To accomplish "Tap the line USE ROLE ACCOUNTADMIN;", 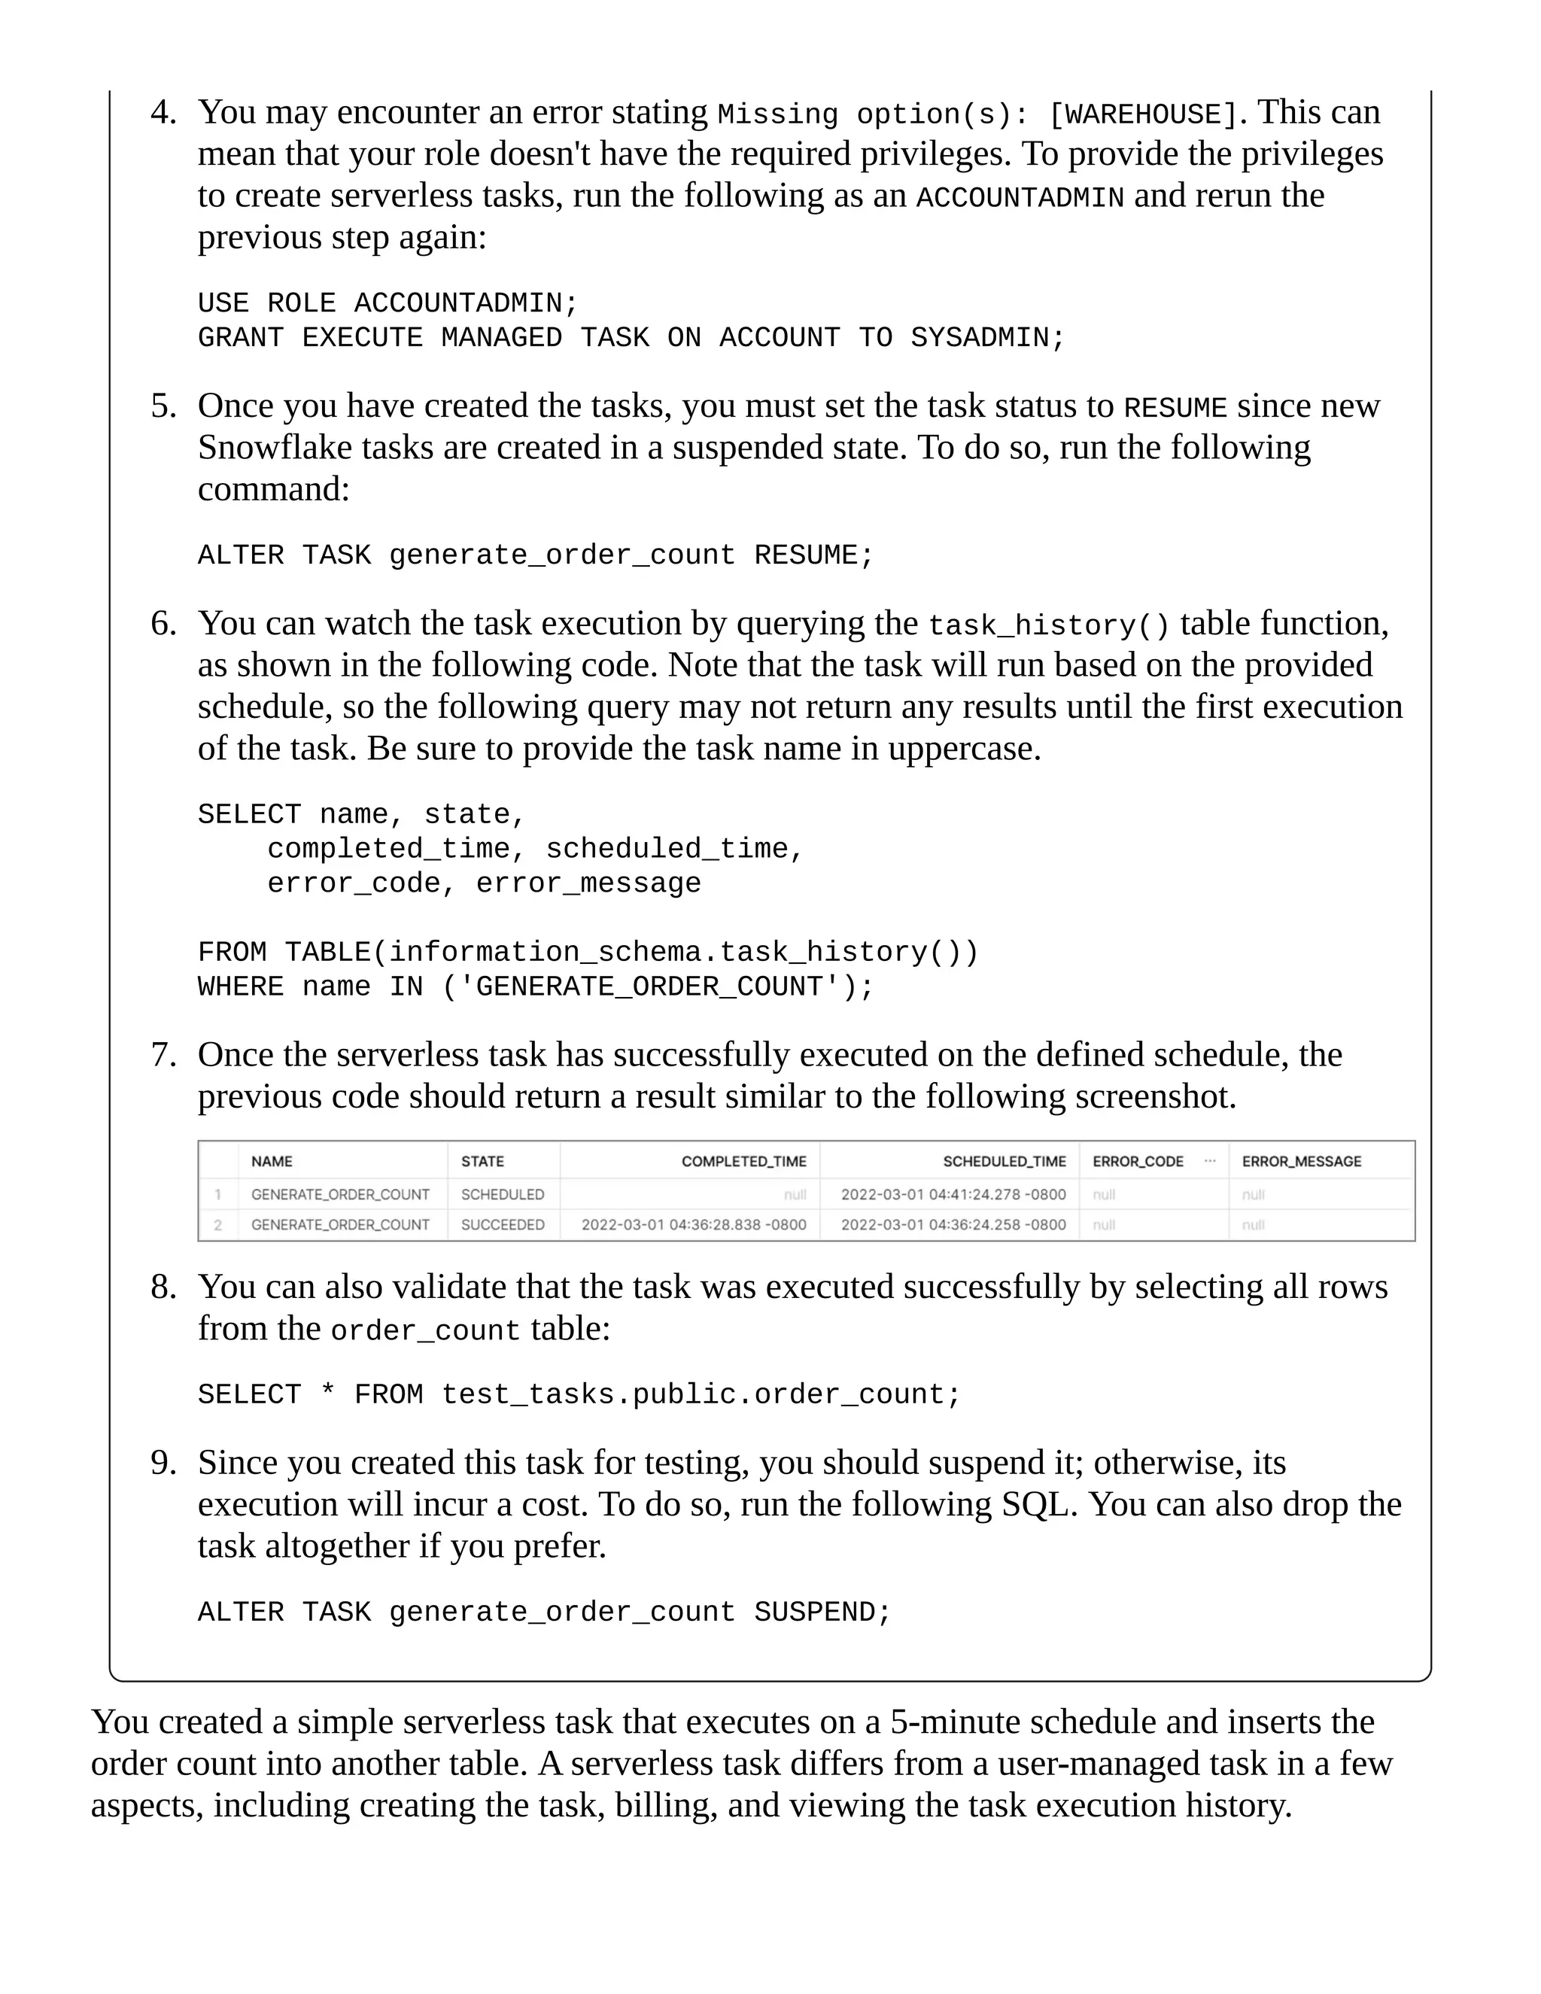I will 388,303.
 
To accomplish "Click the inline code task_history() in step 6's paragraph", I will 1048,625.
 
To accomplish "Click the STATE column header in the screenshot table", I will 482,1161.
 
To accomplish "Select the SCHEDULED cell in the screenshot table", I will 502,1194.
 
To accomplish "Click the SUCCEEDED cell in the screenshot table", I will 502,1224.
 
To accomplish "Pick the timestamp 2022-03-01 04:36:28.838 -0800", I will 694,1224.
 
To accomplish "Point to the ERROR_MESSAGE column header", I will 1301,1161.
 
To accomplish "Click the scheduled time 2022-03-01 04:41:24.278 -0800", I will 953,1194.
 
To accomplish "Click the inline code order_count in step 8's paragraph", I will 424,1331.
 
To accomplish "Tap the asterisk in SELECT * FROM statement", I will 327,1395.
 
